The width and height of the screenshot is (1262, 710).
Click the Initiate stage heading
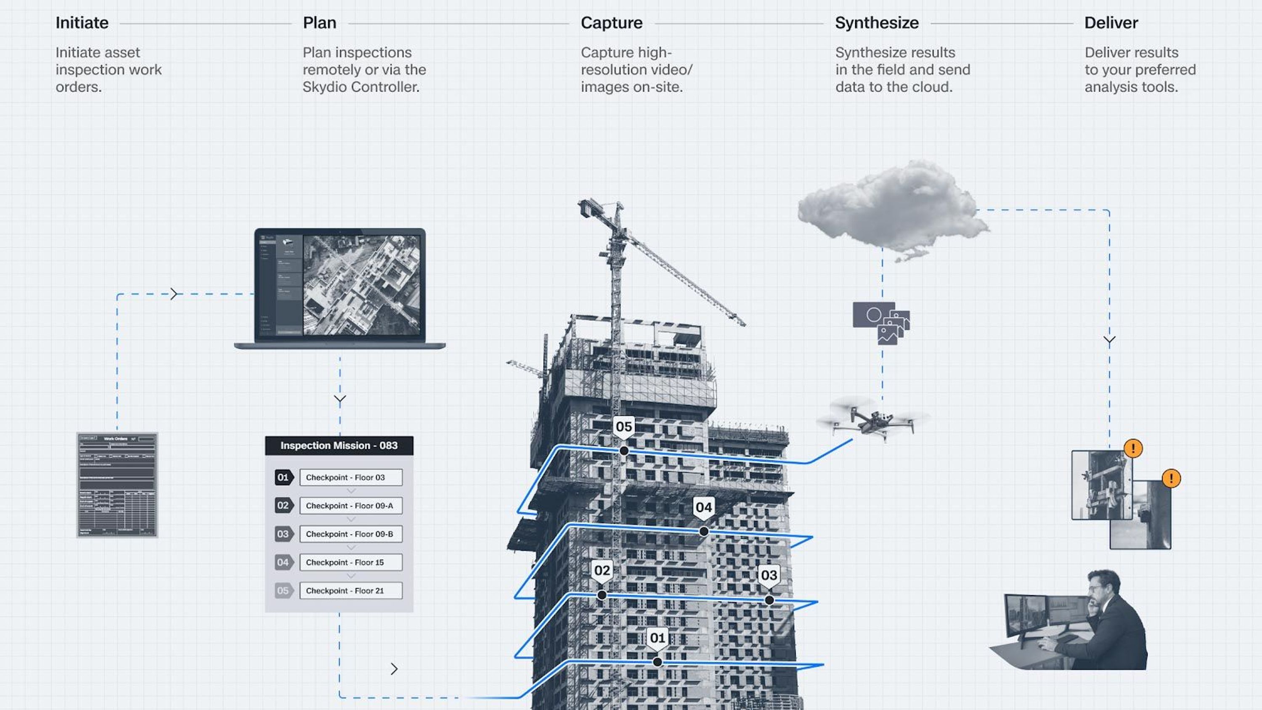click(82, 23)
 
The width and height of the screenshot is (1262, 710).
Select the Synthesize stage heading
click(876, 23)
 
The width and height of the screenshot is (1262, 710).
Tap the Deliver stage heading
click(1111, 23)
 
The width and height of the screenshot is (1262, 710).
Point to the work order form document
click(117, 485)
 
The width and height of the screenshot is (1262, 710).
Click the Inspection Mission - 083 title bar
click(339, 445)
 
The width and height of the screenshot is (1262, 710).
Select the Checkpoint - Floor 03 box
click(351, 477)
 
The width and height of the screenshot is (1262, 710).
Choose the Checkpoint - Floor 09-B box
click(351, 534)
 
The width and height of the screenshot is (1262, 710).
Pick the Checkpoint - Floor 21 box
click(351, 591)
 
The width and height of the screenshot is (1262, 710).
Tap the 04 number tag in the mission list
click(284, 562)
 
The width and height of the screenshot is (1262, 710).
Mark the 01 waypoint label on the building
click(658, 638)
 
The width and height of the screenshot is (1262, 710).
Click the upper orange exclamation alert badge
click(1133, 448)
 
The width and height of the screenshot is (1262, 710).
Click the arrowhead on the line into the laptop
click(174, 294)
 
